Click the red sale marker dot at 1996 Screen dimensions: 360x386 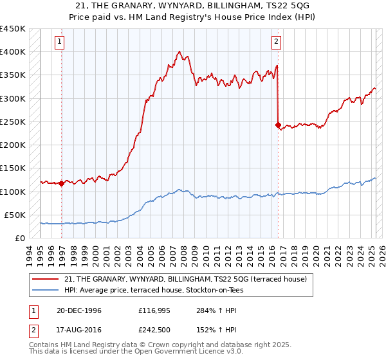[x=62, y=183]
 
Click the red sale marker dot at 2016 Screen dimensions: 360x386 [x=278, y=125]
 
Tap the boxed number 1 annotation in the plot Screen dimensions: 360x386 [x=59, y=42]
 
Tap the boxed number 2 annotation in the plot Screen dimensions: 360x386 [x=276, y=42]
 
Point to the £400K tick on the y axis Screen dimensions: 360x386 [x=13, y=52]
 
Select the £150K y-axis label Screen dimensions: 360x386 [x=13, y=168]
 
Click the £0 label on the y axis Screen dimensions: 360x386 [x=21, y=239]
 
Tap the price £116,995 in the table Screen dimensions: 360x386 [x=153, y=310]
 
